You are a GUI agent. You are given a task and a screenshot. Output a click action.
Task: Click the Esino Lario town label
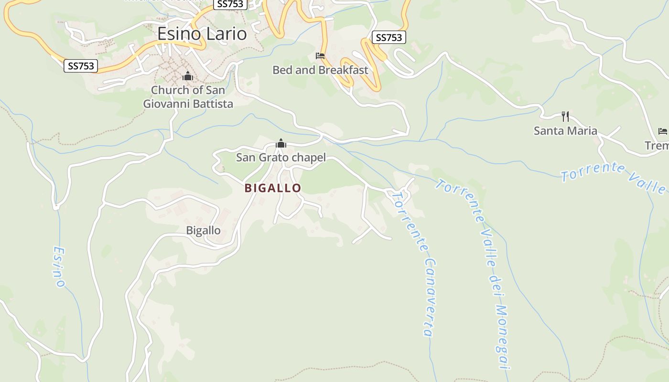202,34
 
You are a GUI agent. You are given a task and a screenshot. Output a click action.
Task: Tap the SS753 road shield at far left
81,66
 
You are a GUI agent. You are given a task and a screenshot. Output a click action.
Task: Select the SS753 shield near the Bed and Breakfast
389,37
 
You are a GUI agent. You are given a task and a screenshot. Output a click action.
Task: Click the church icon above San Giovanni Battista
188,76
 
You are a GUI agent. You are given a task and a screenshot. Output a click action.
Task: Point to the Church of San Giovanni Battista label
188,97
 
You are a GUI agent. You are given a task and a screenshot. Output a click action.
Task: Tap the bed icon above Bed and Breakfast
320,56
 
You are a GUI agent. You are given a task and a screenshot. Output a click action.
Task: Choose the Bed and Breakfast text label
320,70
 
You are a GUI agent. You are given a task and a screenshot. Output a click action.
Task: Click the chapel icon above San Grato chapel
281,143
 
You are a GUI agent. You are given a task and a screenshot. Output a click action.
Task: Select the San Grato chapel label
281,158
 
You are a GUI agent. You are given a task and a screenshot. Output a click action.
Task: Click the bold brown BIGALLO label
273,188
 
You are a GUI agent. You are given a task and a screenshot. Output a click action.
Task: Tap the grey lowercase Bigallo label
204,231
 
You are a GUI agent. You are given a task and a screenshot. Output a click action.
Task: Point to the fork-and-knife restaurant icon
565,117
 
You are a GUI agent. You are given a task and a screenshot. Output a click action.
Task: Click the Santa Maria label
565,131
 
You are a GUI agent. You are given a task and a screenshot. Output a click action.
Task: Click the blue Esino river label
59,267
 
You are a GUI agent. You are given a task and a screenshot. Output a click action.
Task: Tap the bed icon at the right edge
662,131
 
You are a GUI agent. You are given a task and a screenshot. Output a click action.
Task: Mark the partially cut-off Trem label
658,146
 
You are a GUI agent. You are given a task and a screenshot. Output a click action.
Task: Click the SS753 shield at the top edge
230,4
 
